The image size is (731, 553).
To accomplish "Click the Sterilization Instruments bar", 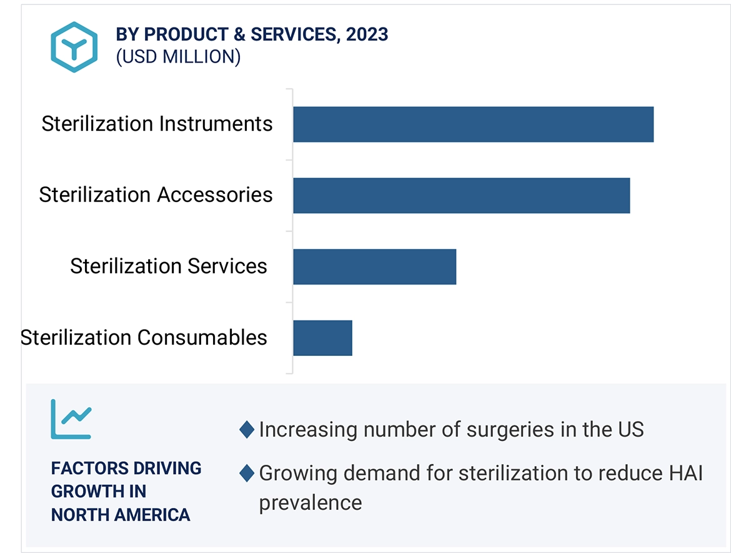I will click(x=473, y=124).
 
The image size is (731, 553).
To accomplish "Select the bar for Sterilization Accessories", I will click(x=461, y=196).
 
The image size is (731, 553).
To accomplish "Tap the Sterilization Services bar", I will click(x=374, y=266).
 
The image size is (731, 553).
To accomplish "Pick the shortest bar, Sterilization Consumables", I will click(x=322, y=338).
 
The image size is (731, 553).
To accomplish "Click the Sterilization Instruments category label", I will click(x=157, y=124).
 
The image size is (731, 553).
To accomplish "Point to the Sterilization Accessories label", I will click(x=156, y=195).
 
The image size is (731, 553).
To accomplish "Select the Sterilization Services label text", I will click(x=168, y=266).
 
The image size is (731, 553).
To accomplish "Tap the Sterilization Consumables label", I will click(x=144, y=337).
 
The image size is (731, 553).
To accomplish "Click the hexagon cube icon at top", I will click(x=74, y=47).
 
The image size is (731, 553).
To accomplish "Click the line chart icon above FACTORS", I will click(x=71, y=419).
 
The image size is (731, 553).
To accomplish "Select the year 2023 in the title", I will click(x=367, y=34).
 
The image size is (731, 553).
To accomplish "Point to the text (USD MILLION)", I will click(x=178, y=56).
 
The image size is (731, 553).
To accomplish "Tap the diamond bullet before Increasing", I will click(x=247, y=430).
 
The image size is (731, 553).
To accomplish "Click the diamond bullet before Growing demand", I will click(x=247, y=473).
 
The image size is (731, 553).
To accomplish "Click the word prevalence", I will click(x=310, y=502).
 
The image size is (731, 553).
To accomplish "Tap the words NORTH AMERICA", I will click(x=121, y=515).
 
